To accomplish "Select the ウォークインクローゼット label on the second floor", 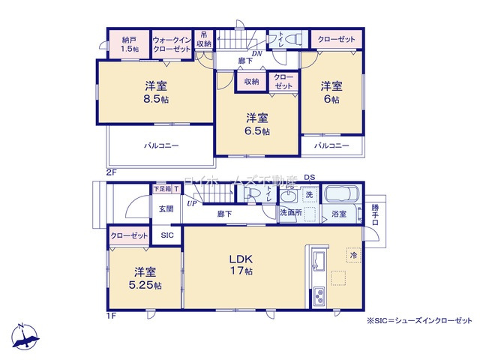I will coord(172,43).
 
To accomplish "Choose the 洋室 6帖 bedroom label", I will coord(331,92).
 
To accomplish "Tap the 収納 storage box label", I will coord(250,81).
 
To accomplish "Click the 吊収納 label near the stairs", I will coord(204,38).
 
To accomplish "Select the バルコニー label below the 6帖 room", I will coord(331,145).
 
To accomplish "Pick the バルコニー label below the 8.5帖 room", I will coord(160,145).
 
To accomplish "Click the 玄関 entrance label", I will coord(165,209).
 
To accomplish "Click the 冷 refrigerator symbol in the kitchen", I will coord(351,255).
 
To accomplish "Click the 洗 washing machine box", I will coord(308,195).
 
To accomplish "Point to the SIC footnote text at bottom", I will coord(420,320).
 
